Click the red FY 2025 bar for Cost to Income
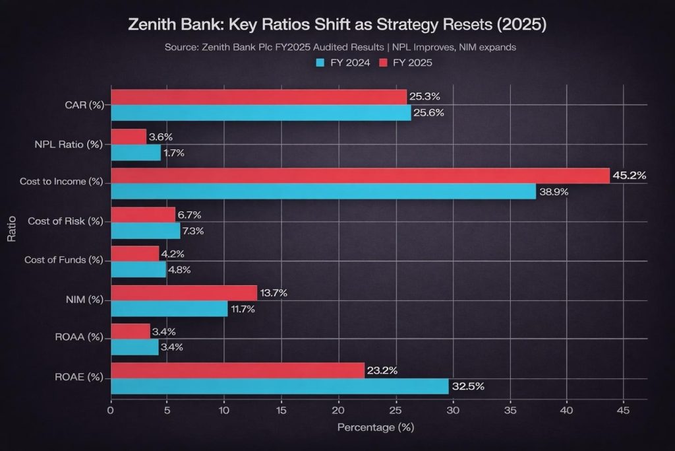pyautogui.click(x=359, y=176)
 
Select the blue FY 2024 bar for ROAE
pyautogui.click(x=279, y=386)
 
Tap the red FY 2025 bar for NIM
pyautogui.click(x=183, y=293)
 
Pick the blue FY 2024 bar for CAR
pyautogui.click(x=260, y=112)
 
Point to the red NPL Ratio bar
pyautogui.click(x=128, y=137)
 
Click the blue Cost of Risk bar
pyautogui.click(x=145, y=230)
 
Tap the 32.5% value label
pyautogui.click(x=467, y=386)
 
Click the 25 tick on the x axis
pyautogui.click(x=396, y=411)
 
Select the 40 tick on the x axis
pyautogui.click(x=566, y=411)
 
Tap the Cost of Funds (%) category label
pyautogui.click(x=63, y=260)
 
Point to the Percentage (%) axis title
pyautogui.click(x=375, y=428)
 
